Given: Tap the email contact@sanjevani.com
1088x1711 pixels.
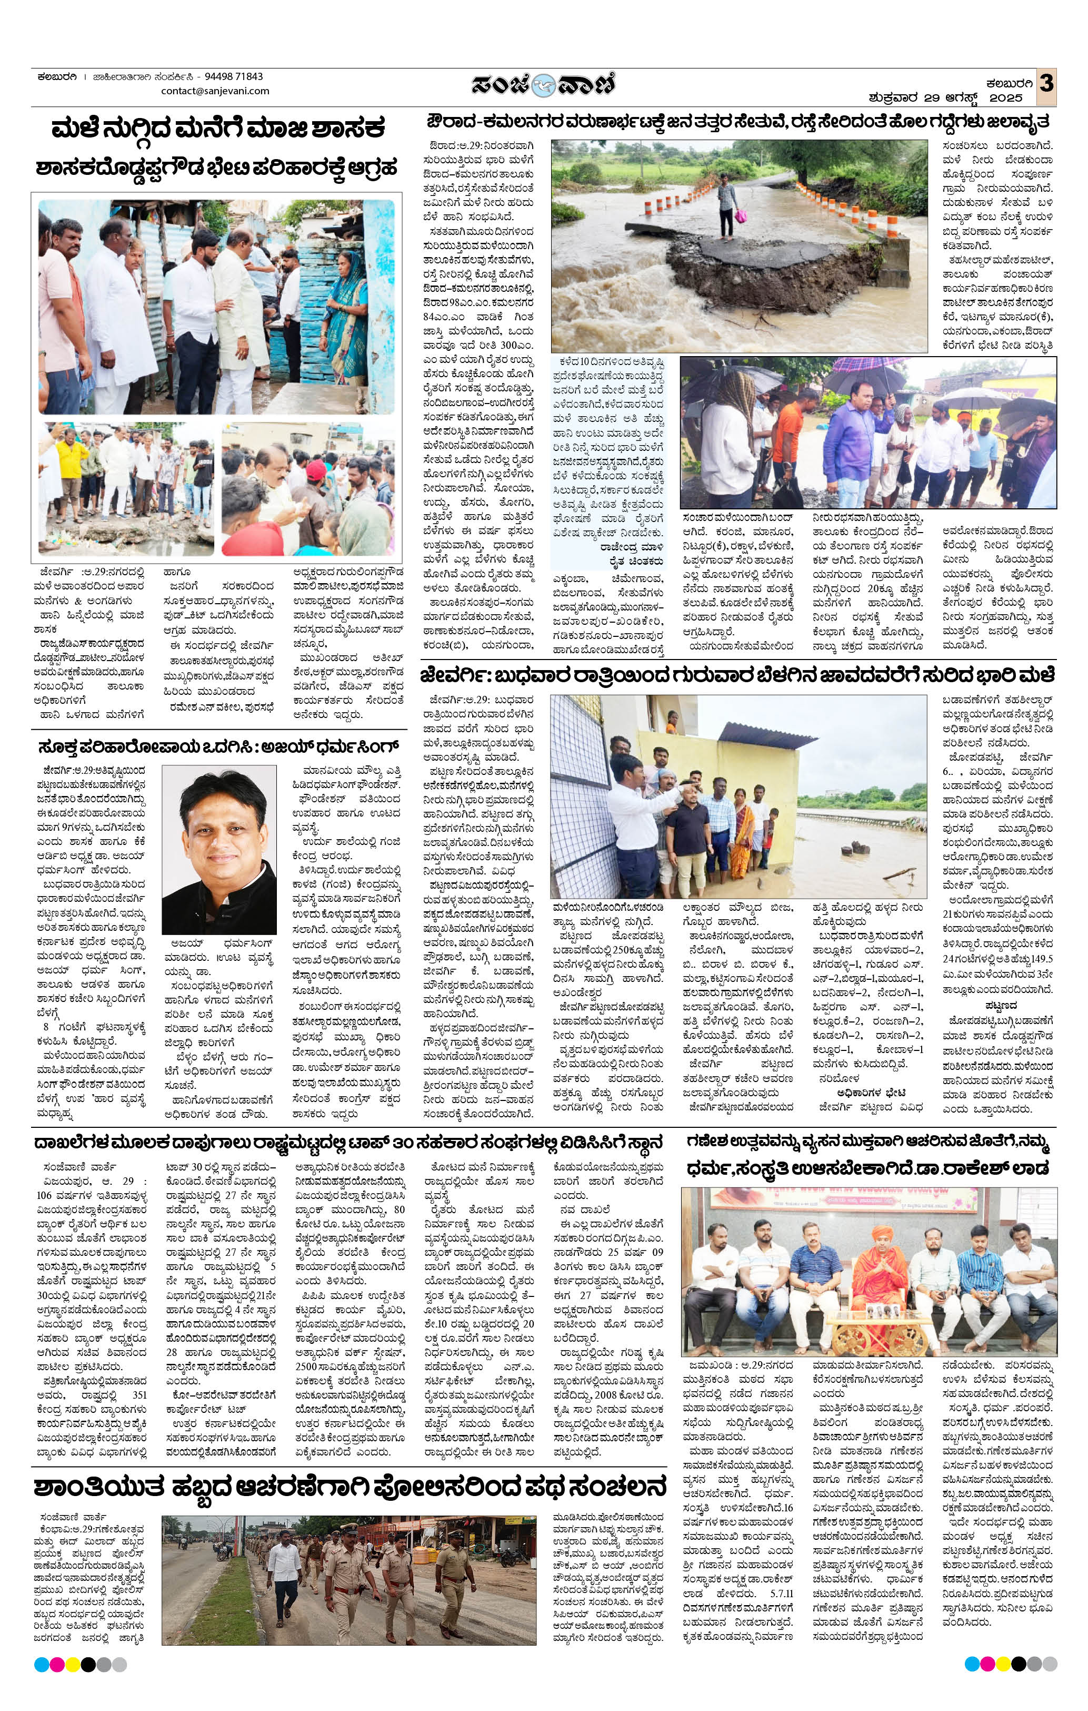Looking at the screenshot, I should click(215, 91).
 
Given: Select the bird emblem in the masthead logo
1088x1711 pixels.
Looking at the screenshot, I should click(544, 85).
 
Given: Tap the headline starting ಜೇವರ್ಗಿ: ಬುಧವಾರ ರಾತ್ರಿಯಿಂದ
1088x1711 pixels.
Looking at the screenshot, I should click(736, 674).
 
